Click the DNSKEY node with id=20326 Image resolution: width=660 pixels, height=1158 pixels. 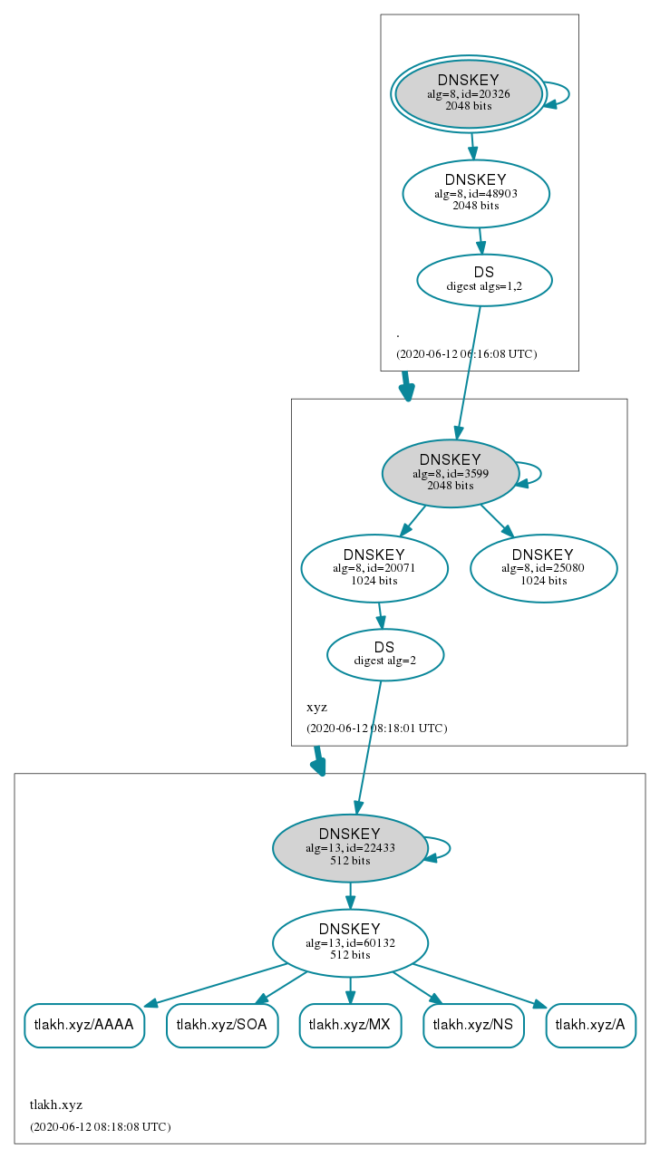(x=468, y=94)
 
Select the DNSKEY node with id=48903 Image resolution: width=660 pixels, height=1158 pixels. (x=476, y=193)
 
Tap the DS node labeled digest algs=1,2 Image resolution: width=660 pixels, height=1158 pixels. (x=485, y=280)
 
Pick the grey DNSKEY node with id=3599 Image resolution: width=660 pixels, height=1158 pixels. (x=450, y=474)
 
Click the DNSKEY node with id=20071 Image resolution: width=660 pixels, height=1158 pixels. (x=374, y=568)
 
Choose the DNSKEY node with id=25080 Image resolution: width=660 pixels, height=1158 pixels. (x=544, y=568)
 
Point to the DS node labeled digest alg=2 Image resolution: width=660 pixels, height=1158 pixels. (x=385, y=654)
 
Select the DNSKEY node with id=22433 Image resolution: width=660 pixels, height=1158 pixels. (x=350, y=848)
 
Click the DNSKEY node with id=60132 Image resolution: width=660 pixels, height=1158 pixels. (x=350, y=943)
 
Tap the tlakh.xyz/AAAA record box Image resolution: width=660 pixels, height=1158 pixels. (x=84, y=1026)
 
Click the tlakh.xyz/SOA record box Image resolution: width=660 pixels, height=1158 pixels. (x=222, y=1026)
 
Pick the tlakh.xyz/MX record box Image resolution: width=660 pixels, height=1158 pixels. (x=350, y=1026)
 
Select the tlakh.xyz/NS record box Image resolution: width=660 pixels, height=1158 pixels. (x=473, y=1026)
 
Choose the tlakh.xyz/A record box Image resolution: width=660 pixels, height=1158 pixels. (x=591, y=1026)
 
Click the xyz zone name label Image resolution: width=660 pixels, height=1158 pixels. (x=316, y=708)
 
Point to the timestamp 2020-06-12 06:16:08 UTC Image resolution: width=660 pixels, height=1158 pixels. (x=467, y=354)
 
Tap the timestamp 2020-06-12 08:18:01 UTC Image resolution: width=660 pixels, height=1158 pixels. (x=376, y=729)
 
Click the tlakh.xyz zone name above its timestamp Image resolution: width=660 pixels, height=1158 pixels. (x=56, y=1105)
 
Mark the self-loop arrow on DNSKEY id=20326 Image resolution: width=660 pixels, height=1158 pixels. (x=569, y=94)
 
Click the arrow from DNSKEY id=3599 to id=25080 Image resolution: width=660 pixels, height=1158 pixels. (x=497, y=521)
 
